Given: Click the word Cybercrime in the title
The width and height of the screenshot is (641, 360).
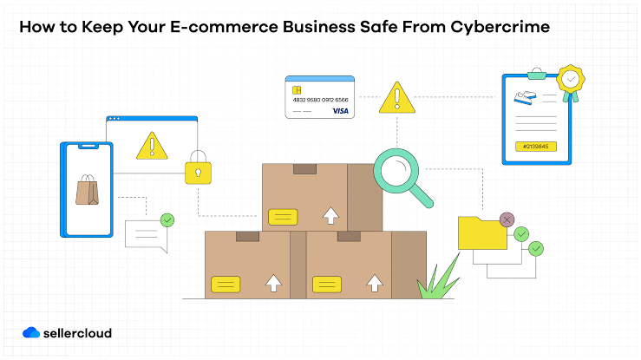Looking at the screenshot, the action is pyautogui.click(x=500, y=28).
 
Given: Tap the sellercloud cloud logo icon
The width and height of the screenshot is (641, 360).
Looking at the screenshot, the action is pyautogui.click(x=31, y=332).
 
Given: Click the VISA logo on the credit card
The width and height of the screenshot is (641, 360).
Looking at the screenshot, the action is pyautogui.click(x=340, y=111).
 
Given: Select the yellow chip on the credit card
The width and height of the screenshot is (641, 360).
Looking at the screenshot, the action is pyautogui.click(x=297, y=90).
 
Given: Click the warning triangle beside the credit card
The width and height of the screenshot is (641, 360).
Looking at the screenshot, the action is pyautogui.click(x=397, y=99).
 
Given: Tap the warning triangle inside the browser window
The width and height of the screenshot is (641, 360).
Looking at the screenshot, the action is pyautogui.click(x=152, y=147).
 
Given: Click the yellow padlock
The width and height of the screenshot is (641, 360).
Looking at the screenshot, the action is pyautogui.click(x=199, y=167).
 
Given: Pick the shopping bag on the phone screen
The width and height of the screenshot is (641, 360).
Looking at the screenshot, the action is pyautogui.click(x=87, y=190).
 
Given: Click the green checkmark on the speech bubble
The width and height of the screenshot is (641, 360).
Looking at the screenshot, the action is pyautogui.click(x=167, y=220).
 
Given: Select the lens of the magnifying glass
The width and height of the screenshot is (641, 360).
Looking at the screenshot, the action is pyautogui.click(x=396, y=170).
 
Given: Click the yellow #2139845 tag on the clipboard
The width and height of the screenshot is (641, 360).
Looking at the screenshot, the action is pyautogui.click(x=535, y=147).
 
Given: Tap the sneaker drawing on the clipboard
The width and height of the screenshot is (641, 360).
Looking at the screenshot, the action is pyautogui.click(x=525, y=98).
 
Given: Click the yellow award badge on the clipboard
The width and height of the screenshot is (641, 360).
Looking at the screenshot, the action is pyautogui.click(x=571, y=80).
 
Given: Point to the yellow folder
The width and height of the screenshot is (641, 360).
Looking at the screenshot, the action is pyautogui.click(x=482, y=233).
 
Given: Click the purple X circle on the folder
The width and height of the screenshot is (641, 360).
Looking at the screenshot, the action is pyautogui.click(x=507, y=219).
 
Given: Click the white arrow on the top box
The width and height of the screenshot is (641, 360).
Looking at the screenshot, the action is pyautogui.click(x=330, y=215).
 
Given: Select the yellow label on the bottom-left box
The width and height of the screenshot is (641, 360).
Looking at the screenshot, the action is pyautogui.click(x=226, y=285).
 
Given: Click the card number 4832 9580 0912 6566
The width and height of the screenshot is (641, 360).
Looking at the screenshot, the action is pyautogui.click(x=321, y=100).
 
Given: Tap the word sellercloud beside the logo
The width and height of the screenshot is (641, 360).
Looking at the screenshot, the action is pyautogui.click(x=77, y=333).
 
